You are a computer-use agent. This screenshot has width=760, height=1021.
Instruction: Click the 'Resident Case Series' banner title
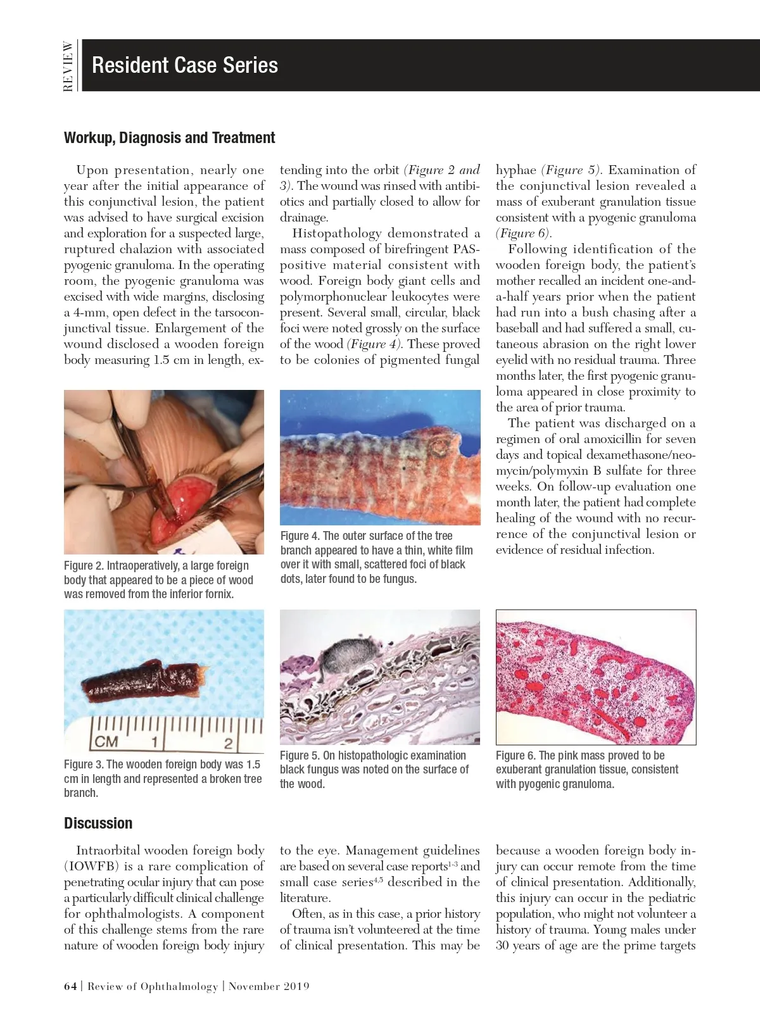tap(184, 65)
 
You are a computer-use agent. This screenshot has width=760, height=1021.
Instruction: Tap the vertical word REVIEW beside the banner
tap(68, 66)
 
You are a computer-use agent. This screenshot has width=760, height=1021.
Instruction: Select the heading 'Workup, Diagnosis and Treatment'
tap(169, 138)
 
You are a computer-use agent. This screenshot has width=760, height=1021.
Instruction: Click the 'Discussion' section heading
tap(98, 824)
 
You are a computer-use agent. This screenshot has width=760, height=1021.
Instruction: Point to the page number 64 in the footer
tap(70, 986)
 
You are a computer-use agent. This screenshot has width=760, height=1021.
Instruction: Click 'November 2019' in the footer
tap(269, 986)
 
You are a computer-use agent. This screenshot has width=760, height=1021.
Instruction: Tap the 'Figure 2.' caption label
tap(83, 566)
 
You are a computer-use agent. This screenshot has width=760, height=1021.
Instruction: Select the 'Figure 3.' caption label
tap(83, 765)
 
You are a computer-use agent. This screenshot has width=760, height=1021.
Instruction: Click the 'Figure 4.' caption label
tap(300, 536)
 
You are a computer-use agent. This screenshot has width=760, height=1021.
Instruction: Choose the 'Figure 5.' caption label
tap(300, 756)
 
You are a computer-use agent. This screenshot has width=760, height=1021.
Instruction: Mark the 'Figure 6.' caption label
tap(516, 756)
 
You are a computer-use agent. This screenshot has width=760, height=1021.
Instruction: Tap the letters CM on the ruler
tap(106, 742)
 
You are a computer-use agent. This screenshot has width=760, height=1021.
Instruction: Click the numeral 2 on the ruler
tap(228, 743)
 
